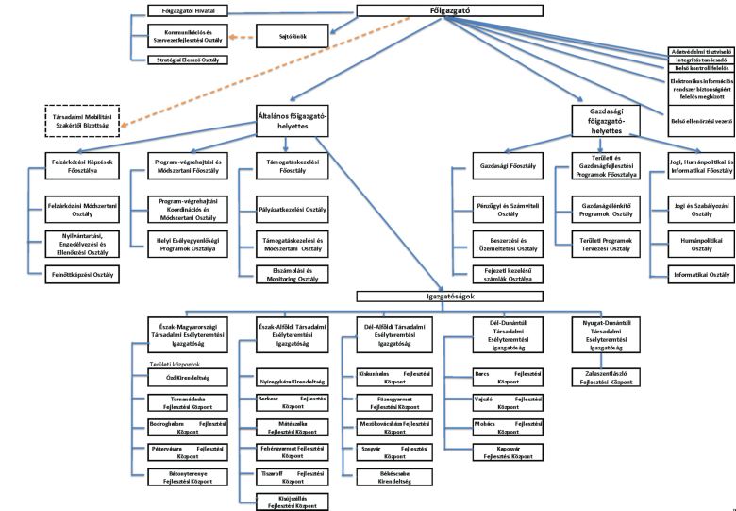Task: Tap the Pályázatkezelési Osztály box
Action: pos(293,208)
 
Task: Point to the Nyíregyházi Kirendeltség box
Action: pos(293,382)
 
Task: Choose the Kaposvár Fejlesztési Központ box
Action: pos(510,451)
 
